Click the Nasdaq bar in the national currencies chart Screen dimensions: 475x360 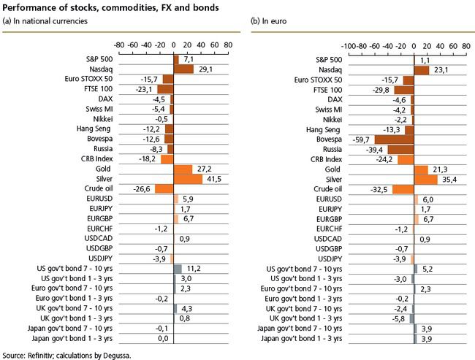pos(183,69)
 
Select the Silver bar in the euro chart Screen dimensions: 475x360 pos(425,180)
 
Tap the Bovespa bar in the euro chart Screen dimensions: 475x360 pos(394,139)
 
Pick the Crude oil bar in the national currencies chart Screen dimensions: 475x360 pos(164,189)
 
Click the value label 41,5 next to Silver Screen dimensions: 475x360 pos(214,179)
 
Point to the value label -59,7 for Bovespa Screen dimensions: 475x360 pos(361,140)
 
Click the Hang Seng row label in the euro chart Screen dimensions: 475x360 pos(323,130)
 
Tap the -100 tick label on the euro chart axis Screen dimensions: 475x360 pos(349,46)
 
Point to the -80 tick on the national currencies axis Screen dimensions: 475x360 pos(119,45)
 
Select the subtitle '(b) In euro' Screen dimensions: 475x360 pos(268,21)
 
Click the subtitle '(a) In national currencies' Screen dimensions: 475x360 pos(45,21)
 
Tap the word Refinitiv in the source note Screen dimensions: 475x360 pos(41,355)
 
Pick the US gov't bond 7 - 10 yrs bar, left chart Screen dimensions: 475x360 pos(178,269)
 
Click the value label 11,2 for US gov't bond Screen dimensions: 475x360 pos(194,269)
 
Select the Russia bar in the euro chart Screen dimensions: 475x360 pos(400,150)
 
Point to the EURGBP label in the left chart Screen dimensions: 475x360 pos(99,218)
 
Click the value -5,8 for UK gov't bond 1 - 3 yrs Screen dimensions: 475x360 pos(398,319)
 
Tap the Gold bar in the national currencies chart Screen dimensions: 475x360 pos(183,169)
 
